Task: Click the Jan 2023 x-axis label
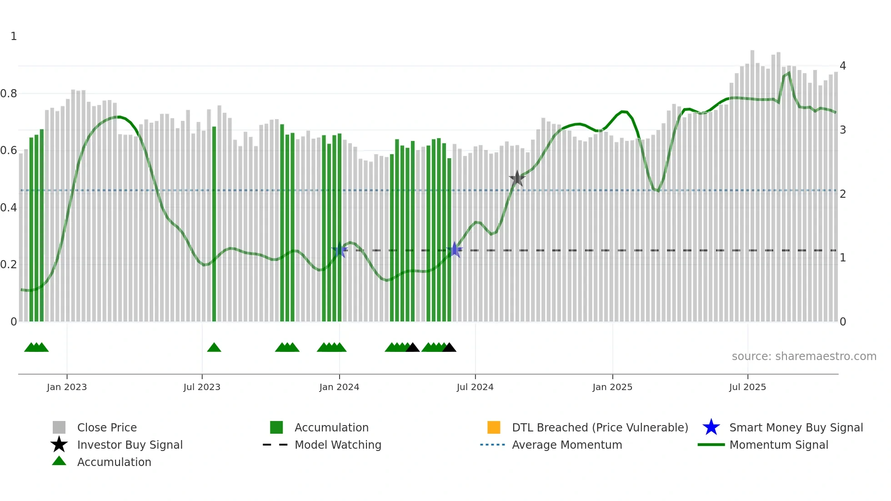coord(67,387)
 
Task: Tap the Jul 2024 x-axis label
coord(475,387)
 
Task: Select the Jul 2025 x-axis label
coord(747,387)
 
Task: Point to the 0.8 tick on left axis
coord(9,94)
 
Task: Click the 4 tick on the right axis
coord(843,66)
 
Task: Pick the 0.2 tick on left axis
coord(9,265)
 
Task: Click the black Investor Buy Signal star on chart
coord(517,179)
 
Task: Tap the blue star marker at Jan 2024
coord(340,250)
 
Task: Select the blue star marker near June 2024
coord(455,250)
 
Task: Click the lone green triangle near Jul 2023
coord(214,348)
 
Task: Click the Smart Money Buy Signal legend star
coord(711,427)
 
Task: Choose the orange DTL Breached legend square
coord(494,427)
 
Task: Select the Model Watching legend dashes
coord(275,445)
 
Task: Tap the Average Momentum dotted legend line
coord(492,445)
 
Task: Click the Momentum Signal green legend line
coord(711,445)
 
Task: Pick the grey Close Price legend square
coord(59,427)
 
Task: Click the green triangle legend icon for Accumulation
coord(59,461)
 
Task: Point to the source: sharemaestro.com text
coord(804,356)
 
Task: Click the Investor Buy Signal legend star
coord(59,445)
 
